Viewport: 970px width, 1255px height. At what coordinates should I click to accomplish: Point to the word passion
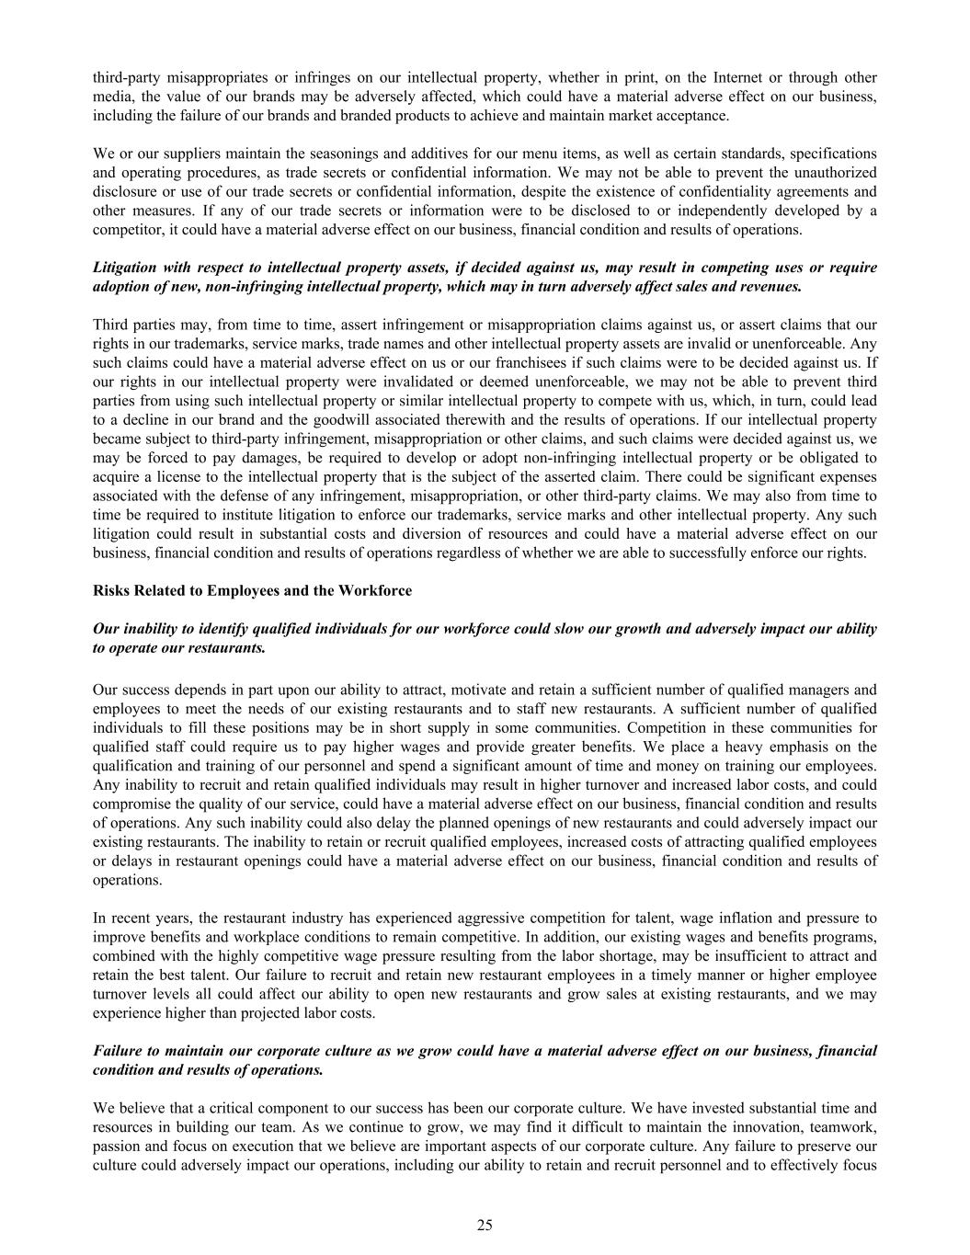click(116, 1147)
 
